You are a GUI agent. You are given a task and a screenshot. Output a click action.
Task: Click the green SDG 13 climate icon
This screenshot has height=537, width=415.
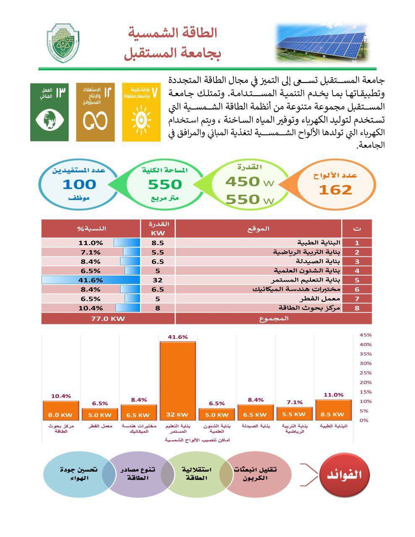point(49,112)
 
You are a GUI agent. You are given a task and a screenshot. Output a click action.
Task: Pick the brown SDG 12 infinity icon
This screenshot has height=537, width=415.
point(95,112)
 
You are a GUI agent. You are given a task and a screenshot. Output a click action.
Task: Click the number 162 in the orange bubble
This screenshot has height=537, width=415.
point(335,190)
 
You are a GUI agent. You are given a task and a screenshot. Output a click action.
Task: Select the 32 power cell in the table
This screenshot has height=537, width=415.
point(157,280)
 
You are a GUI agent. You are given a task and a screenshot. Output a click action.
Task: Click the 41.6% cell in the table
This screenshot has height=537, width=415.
point(90,280)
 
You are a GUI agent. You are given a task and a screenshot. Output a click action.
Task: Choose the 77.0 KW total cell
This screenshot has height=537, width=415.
point(108,318)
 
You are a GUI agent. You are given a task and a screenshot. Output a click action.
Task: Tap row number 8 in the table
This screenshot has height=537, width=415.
point(357,308)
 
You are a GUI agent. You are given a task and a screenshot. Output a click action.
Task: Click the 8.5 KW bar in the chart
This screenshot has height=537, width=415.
point(333,410)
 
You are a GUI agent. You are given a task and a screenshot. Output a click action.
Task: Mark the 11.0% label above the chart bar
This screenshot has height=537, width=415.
point(333,395)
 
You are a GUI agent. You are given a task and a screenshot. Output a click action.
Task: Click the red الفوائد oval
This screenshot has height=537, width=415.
point(346,475)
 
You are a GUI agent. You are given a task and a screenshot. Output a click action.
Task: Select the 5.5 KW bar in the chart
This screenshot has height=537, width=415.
point(294,414)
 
